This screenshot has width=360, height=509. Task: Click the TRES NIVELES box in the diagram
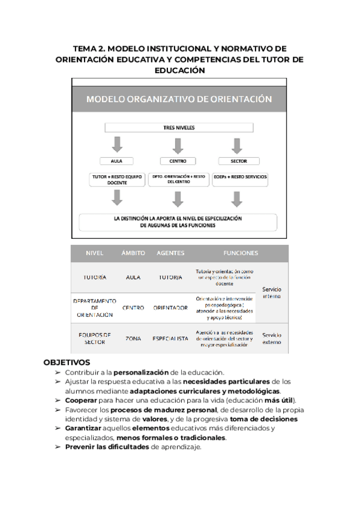179,127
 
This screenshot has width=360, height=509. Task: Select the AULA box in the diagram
117,161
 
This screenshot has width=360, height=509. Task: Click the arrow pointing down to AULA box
117,145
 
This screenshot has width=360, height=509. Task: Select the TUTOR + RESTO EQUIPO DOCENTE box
117,179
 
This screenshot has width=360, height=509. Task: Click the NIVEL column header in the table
95,253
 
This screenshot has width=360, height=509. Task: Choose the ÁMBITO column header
133,253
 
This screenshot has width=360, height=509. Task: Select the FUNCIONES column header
241,253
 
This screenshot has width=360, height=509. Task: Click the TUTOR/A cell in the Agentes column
170,278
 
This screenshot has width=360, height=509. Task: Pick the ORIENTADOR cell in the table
170,308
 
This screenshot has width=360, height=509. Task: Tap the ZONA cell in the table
133,339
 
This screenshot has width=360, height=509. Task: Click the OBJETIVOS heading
67,363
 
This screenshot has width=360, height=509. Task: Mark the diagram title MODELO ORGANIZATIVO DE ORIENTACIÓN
179,99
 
